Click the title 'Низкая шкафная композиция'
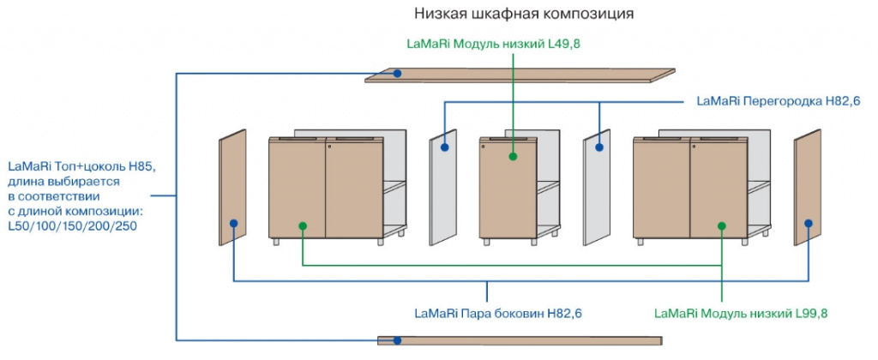pos(523,14)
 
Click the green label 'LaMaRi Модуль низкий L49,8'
pos(492,42)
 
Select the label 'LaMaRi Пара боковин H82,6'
pos(496,313)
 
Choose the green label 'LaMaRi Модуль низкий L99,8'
pos(741,313)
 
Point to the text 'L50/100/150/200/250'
pos(73,225)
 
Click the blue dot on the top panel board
pos(398,75)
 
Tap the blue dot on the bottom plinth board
pos(397,340)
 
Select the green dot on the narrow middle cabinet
pos(512,157)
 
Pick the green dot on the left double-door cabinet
pos(302,225)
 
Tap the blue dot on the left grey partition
pos(445,147)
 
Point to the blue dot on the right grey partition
pos(599,147)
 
